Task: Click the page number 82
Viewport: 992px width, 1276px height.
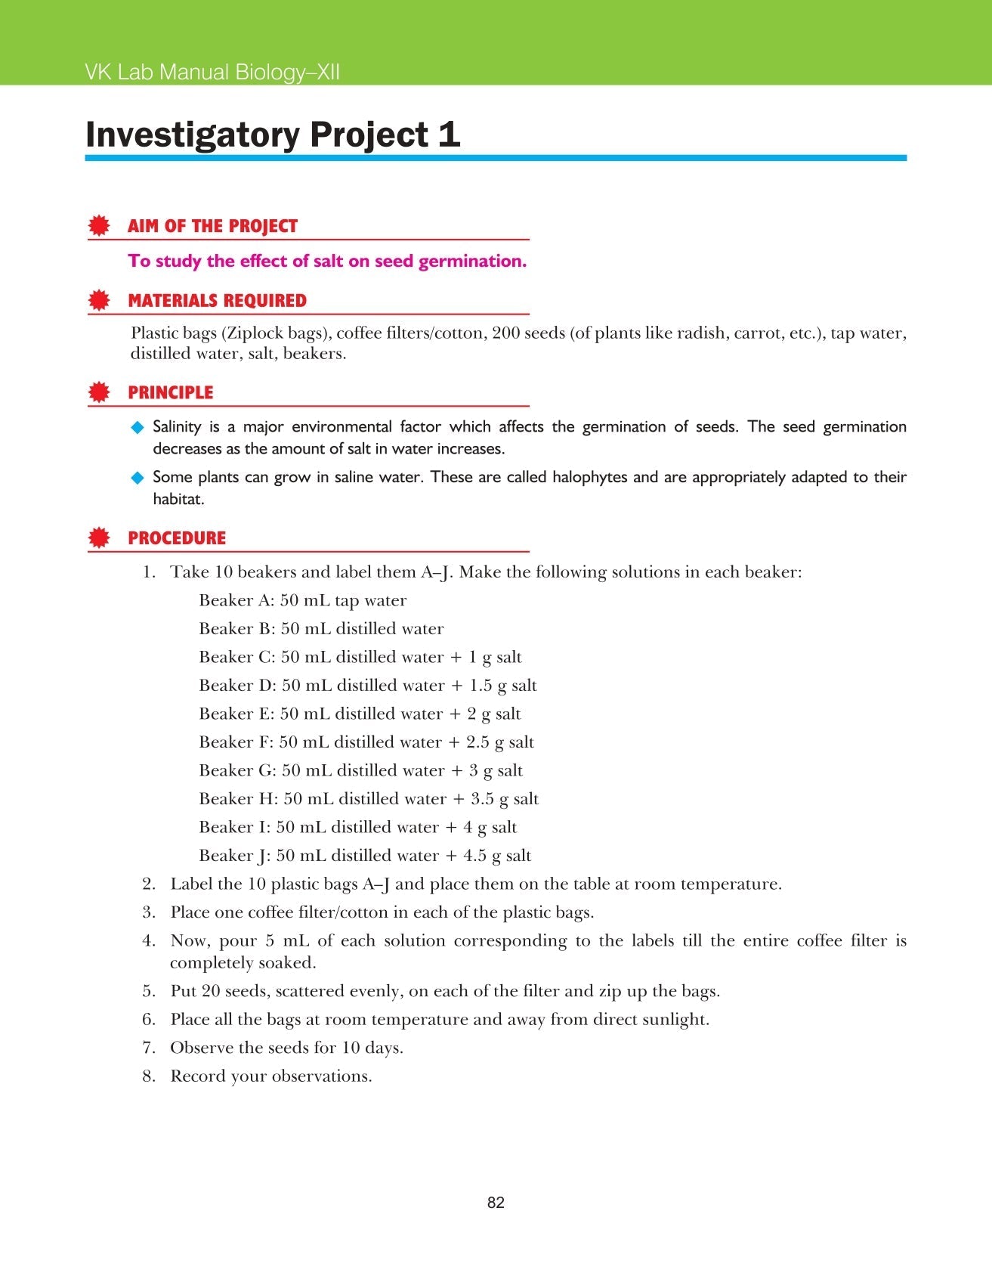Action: [x=496, y=1203]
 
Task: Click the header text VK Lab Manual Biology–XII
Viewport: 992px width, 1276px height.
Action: [x=212, y=73]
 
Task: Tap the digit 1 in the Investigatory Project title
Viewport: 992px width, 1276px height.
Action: [x=449, y=135]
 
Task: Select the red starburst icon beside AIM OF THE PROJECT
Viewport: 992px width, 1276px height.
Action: [x=98, y=226]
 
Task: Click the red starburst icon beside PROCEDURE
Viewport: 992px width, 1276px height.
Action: [x=98, y=538]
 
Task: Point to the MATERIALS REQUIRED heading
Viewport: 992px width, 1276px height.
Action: [x=217, y=301]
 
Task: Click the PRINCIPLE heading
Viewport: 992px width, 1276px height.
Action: [x=170, y=392]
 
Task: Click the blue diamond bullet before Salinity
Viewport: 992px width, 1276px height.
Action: [x=138, y=427]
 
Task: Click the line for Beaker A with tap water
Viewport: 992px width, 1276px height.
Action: [x=302, y=600]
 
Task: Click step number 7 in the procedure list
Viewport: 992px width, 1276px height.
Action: [x=148, y=1048]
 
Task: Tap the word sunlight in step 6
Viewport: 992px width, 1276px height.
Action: [x=674, y=1020]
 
